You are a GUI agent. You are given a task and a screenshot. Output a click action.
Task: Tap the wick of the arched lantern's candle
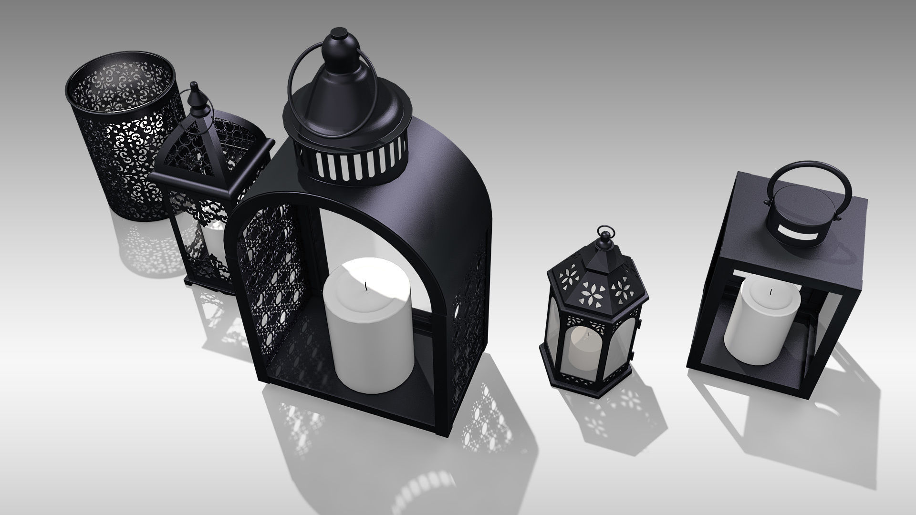click(365, 287)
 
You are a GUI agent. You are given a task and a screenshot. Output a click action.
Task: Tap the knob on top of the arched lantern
click(340, 35)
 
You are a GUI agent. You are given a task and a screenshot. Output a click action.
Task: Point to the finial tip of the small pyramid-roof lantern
click(194, 86)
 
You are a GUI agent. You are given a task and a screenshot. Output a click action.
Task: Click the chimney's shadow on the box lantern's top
click(840, 253)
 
